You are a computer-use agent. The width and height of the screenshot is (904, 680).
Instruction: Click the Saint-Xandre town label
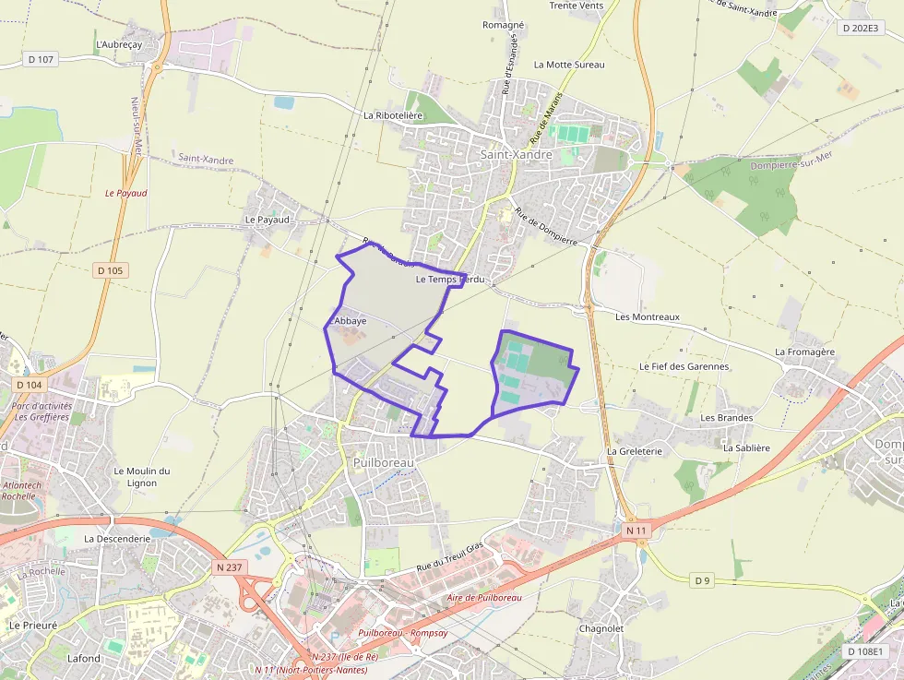coord(516,155)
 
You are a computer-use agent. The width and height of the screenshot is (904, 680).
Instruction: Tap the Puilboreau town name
coord(384,461)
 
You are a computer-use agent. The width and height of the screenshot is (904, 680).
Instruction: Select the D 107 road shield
coord(42,59)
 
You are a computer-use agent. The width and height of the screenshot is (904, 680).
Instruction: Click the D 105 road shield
coord(111,270)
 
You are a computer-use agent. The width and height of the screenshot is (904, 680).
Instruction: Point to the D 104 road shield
coord(30,384)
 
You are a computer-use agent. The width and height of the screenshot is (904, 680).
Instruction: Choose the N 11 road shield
coord(636,531)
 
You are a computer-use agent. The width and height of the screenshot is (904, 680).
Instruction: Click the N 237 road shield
coord(229,567)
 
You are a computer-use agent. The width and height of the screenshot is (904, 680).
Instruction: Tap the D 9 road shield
coord(703,579)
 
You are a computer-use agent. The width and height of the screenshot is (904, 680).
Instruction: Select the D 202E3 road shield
coord(861,28)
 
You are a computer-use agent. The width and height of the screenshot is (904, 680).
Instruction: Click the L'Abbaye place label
coord(348,320)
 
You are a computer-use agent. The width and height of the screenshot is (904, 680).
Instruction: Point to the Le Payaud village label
coord(268,220)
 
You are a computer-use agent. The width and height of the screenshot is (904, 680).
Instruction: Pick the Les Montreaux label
coord(647,316)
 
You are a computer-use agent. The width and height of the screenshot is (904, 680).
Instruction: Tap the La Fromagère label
coord(804,352)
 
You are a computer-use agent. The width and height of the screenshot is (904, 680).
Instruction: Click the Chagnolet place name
coord(601,628)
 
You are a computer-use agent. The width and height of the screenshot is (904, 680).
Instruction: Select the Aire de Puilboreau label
coord(483,598)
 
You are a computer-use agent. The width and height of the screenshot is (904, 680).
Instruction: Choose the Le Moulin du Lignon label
coord(141,476)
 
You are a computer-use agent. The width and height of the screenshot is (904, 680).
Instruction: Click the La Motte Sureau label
coord(569,65)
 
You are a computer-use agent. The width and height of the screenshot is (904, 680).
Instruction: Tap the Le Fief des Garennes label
coord(684,366)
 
